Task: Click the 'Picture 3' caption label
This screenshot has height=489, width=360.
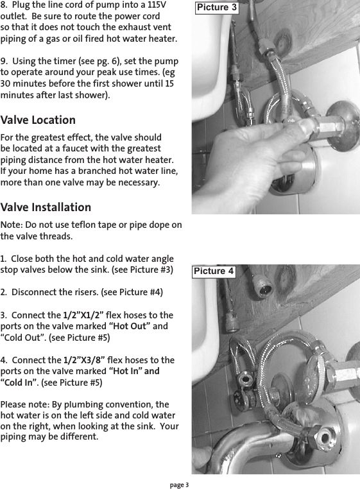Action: coord(216,8)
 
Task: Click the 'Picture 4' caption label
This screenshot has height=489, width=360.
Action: coord(214,271)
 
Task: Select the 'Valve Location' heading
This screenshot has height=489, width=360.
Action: coord(38,120)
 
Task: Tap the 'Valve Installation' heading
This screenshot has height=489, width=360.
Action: coord(46,207)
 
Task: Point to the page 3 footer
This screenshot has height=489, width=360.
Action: coord(179,483)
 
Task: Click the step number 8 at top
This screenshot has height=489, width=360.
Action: coord(3,5)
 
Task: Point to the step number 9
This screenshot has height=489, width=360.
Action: coord(3,61)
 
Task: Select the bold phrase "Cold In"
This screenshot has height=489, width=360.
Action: coord(19,382)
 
